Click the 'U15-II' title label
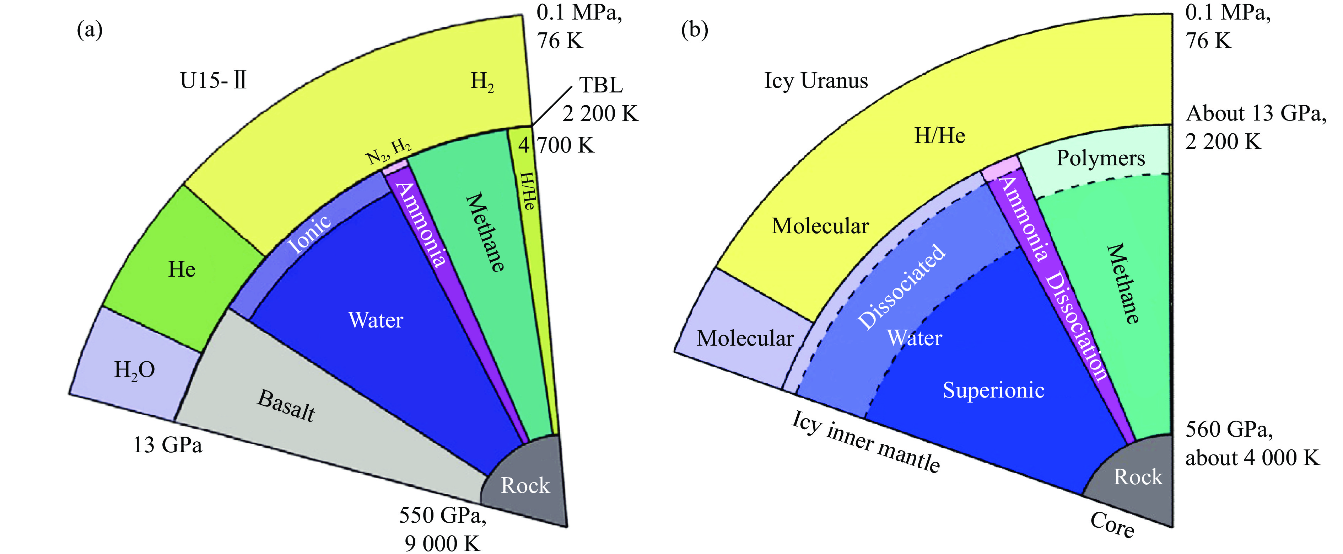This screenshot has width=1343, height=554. click(213, 81)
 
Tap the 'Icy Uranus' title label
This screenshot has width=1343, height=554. click(816, 81)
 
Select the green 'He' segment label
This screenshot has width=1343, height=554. click(182, 270)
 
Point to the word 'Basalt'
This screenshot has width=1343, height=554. click(287, 405)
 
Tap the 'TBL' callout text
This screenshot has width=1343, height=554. click(601, 85)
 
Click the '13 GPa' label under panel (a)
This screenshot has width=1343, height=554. click(167, 445)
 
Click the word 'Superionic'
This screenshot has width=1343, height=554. click(993, 390)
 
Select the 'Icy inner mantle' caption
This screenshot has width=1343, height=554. click(866, 441)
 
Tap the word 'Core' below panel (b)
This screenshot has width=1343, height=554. click(1112, 524)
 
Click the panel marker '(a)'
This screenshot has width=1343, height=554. click(90, 30)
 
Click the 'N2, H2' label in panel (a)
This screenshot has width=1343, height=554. click(388, 151)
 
